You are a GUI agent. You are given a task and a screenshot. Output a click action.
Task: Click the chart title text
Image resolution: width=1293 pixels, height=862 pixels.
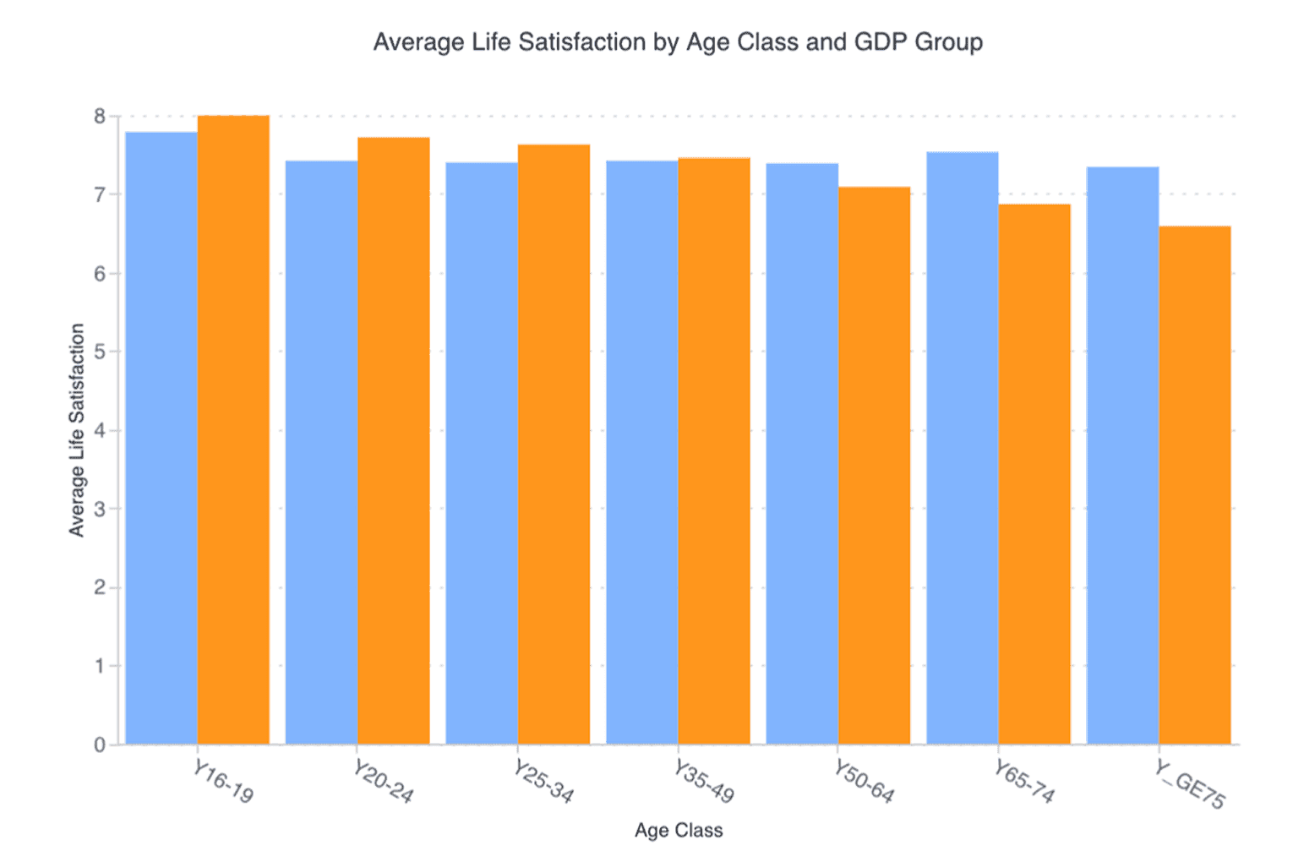[x=678, y=42]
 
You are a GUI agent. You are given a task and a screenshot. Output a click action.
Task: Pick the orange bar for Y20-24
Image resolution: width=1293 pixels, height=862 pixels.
[x=394, y=440]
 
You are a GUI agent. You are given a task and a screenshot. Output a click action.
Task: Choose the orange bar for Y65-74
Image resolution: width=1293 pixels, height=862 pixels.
[x=1034, y=474]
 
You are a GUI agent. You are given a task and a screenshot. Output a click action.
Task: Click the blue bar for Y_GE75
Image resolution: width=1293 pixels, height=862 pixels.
[x=1122, y=456]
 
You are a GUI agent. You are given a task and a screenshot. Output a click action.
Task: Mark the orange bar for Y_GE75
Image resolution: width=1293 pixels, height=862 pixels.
[x=1195, y=485]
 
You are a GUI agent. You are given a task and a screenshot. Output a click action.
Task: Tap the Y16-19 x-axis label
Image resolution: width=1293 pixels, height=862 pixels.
[x=223, y=782]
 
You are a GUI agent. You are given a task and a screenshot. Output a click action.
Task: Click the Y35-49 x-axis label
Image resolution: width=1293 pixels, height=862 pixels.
[x=704, y=782]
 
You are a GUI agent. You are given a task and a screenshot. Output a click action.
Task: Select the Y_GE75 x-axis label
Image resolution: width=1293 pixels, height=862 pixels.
[x=1189, y=784]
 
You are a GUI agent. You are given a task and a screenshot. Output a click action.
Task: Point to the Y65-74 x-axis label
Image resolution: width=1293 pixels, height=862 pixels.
[x=1024, y=782]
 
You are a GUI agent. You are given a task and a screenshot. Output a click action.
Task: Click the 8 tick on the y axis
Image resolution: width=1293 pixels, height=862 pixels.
[x=100, y=117]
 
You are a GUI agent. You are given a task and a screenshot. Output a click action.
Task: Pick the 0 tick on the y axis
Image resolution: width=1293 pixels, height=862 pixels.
[x=100, y=745]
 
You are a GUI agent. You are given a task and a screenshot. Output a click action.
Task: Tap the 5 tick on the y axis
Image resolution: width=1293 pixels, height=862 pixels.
[x=100, y=352]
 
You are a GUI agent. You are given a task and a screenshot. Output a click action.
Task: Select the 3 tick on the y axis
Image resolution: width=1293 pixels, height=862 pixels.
[x=100, y=510]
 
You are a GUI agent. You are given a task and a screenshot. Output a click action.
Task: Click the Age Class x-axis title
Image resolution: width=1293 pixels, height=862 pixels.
[x=679, y=831]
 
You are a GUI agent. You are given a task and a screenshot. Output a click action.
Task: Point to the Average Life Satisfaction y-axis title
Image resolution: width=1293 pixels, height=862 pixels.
[x=77, y=430]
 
